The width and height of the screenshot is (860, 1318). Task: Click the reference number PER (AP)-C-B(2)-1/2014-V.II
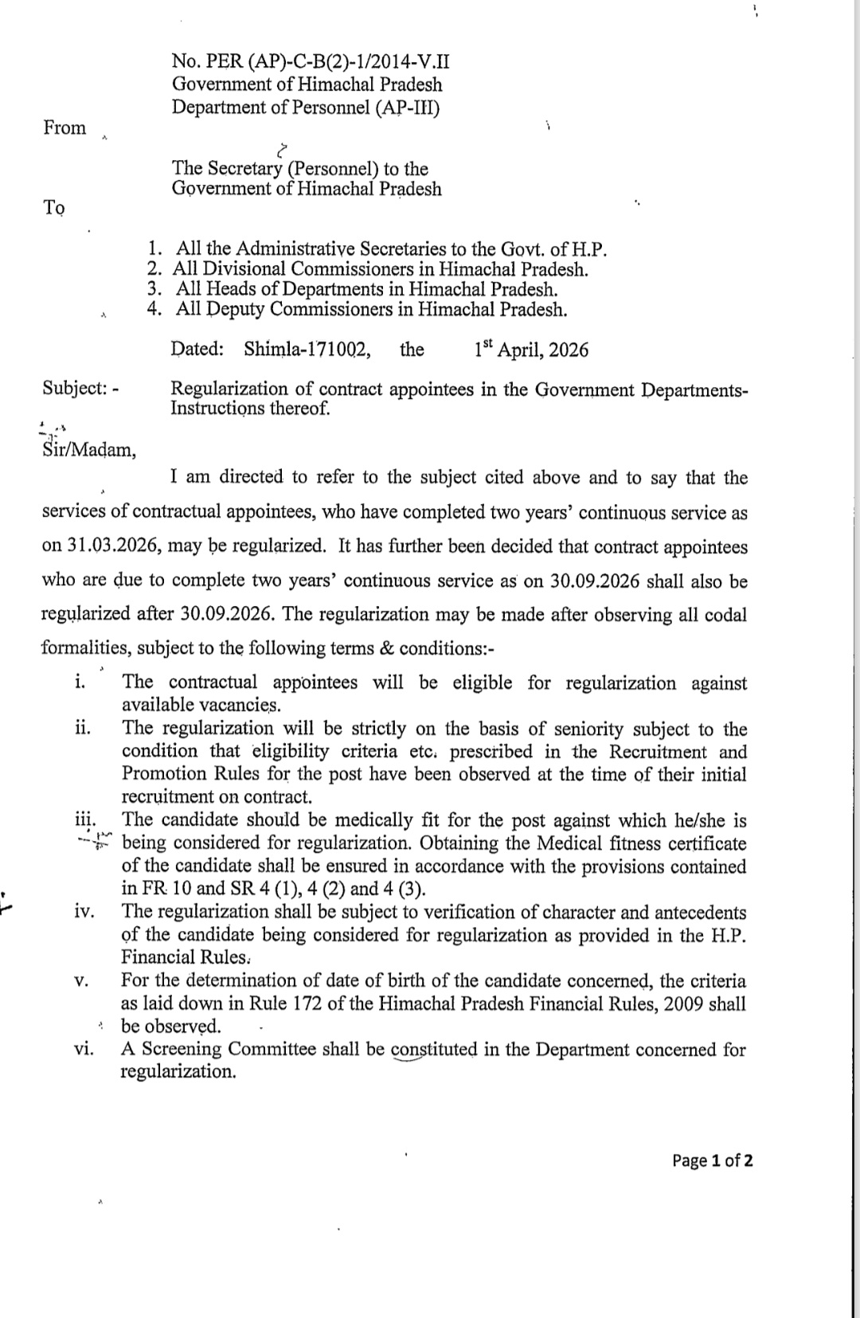pyautogui.click(x=311, y=62)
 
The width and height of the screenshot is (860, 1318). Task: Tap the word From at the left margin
pyautogui.click(x=64, y=128)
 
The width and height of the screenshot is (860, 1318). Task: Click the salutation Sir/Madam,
pyautogui.click(x=89, y=451)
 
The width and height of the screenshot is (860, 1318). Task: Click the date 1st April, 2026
pyautogui.click(x=531, y=350)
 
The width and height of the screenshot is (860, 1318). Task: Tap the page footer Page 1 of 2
pyautogui.click(x=712, y=1160)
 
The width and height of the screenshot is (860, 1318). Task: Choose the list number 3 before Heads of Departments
pyautogui.click(x=155, y=289)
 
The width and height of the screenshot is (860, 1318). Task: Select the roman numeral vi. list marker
pyautogui.click(x=83, y=1050)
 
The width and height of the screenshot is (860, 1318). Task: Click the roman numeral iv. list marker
pyautogui.click(x=84, y=913)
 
